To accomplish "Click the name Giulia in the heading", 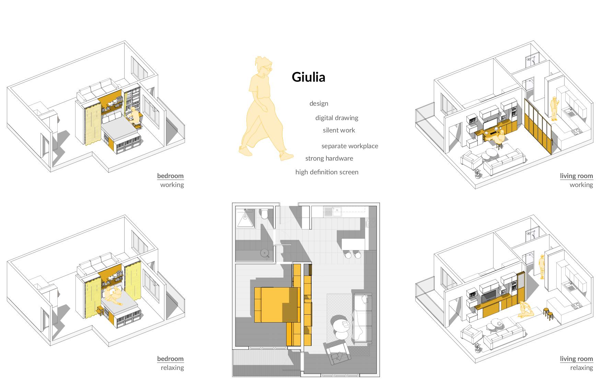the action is click(x=308, y=77).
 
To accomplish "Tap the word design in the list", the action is click(x=318, y=104).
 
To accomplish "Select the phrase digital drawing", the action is click(x=337, y=118).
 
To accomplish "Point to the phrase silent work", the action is click(x=339, y=130).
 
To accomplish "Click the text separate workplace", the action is click(x=349, y=146).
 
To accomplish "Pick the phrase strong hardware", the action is click(x=329, y=159).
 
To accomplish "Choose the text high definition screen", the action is click(x=327, y=172).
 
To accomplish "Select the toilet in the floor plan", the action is click(x=265, y=214).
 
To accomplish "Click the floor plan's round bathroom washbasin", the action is click(x=265, y=253).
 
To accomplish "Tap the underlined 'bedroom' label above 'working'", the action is click(x=170, y=176).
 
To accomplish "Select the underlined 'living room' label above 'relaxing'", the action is click(x=576, y=359).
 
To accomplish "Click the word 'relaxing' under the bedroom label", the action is click(x=172, y=368).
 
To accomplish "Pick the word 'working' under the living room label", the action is click(x=581, y=185).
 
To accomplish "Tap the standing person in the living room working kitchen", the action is click(x=554, y=108).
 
